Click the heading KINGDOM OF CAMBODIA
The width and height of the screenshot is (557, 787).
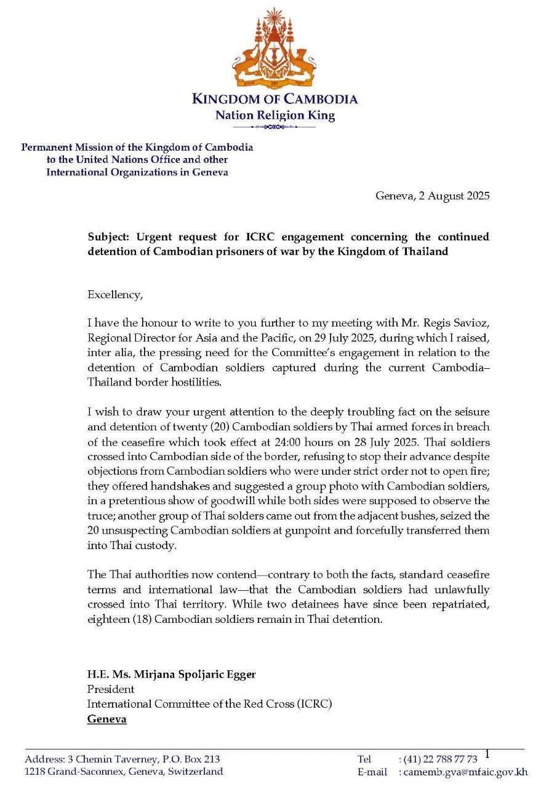(x=274, y=99)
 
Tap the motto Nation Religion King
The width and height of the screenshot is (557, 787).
(x=274, y=115)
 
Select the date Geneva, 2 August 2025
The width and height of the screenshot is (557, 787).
(x=432, y=196)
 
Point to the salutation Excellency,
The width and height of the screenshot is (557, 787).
(x=114, y=295)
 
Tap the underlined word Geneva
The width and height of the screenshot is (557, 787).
(x=106, y=718)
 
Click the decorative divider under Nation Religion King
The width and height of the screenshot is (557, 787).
(x=274, y=127)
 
